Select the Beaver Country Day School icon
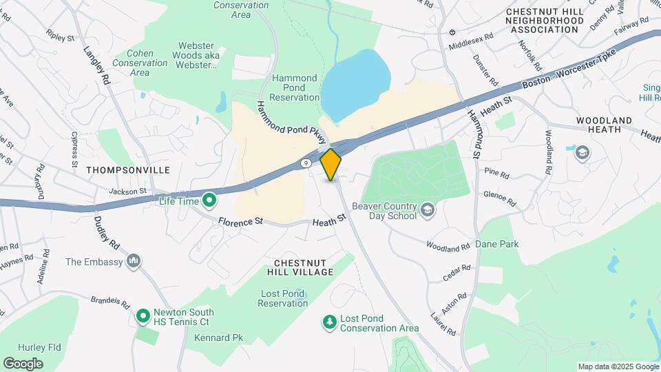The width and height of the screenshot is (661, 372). (428, 208)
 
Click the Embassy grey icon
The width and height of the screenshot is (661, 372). (134, 262)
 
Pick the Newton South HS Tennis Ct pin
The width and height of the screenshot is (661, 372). (143, 316)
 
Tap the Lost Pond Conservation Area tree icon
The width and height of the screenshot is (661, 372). (330, 322)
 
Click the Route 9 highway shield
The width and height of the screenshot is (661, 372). (305, 163)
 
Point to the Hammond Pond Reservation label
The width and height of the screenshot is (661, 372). (295, 88)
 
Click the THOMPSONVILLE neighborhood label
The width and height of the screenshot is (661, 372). (118, 169)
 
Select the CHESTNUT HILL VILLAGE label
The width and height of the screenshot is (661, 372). (304, 267)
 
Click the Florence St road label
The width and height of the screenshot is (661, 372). (242, 222)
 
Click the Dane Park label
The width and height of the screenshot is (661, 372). (497, 244)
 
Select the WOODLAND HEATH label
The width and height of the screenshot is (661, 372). (604, 125)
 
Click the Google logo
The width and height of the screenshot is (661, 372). (23, 363)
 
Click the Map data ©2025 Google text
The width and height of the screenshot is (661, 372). (618, 366)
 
